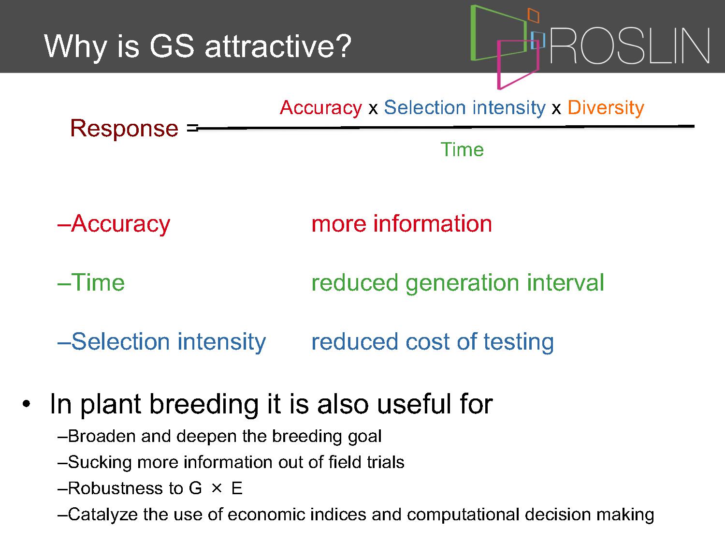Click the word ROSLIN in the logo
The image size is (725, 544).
(x=630, y=45)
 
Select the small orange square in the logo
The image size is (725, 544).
(x=534, y=15)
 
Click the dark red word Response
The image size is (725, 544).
(x=124, y=128)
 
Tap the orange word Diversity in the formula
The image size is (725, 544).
(x=606, y=108)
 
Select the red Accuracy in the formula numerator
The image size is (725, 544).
(x=321, y=108)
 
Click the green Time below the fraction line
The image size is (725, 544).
(x=462, y=149)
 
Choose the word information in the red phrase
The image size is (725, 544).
(x=433, y=223)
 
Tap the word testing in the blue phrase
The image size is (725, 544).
(x=519, y=342)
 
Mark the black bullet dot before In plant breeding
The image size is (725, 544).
(x=27, y=404)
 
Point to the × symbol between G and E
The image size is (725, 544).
(x=217, y=488)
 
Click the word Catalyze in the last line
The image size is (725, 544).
(x=103, y=515)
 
